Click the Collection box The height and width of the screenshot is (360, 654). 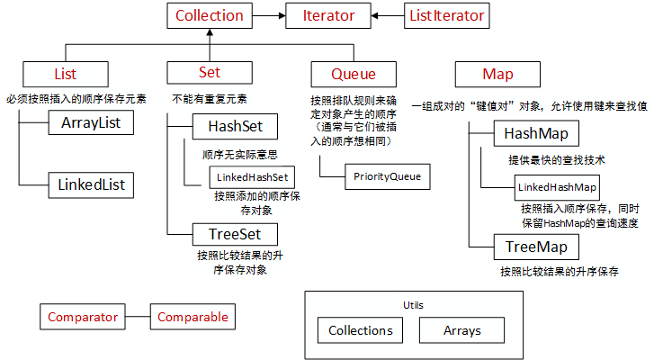(x=210, y=15)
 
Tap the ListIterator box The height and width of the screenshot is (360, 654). (x=446, y=15)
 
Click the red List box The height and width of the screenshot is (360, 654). (x=65, y=73)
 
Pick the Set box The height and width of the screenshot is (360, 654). (x=209, y=73)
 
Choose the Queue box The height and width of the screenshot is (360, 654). (x=354, y=74)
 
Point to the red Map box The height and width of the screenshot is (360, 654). (x=497, y=74)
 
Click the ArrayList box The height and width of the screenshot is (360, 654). (x=91, y=122)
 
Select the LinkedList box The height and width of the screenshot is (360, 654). (x=91, y=185)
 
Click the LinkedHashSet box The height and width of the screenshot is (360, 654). (x=252, y=176)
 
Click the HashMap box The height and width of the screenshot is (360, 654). (x=535, y=135)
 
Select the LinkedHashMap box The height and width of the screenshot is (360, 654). (x=557, y=186)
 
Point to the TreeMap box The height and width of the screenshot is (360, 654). (x=535, y=245)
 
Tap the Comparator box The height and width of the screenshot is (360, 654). (x=83, y=317)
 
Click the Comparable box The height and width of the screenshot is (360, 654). (x=193, y=317)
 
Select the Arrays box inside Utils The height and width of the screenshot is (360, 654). (x=461, y=330)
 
